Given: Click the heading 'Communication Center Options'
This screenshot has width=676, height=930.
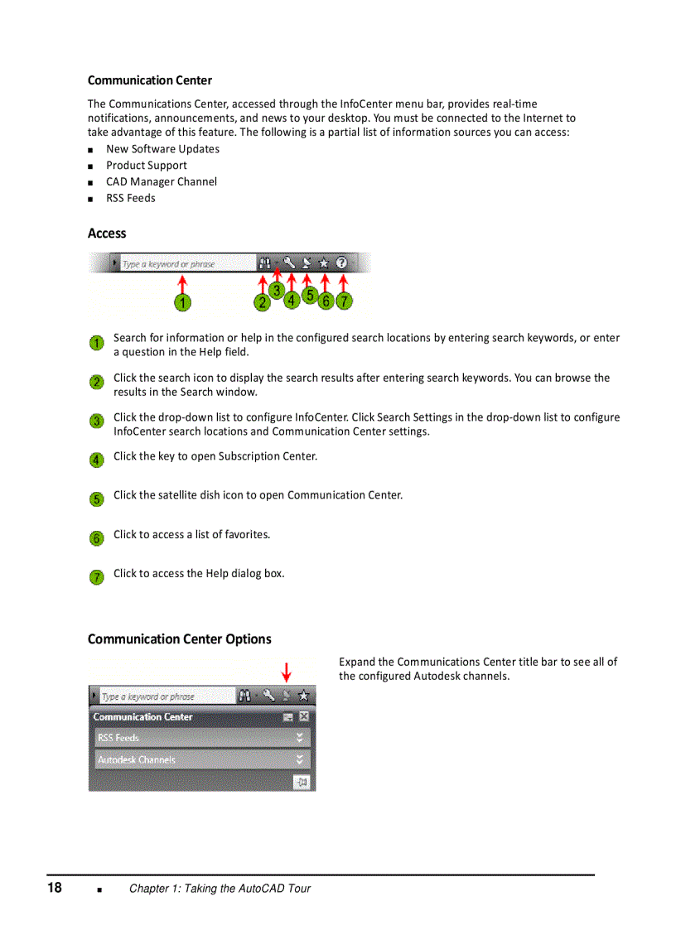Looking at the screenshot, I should (180, 638).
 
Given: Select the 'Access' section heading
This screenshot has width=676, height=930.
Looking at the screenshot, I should (107, 234).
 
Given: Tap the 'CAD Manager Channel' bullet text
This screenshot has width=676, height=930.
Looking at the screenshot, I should (162, 181).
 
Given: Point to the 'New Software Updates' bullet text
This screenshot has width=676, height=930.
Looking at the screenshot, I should (162, 149).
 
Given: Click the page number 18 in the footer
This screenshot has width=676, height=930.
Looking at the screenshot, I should (55, 888).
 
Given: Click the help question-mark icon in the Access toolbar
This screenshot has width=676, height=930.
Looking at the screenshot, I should (341, 263).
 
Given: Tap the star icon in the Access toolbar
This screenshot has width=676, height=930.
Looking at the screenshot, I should (324, 263).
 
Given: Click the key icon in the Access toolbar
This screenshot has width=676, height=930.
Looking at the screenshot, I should (289, 263).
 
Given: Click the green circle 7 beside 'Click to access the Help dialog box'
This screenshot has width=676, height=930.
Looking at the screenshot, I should (97, 577).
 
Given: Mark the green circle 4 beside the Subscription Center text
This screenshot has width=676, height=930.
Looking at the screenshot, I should (97, 460).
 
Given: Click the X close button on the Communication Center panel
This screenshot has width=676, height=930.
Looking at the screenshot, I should (304, 716).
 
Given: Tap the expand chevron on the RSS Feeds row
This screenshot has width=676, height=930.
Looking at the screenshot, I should (300, 737).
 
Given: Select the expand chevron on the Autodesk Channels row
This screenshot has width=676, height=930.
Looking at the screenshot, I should (300, 759).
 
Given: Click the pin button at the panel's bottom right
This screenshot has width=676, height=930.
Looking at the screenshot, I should (302, 781).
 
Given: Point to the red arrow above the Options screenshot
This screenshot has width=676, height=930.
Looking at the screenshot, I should (287, 671).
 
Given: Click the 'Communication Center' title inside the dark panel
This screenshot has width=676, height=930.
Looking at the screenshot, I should (142, 716).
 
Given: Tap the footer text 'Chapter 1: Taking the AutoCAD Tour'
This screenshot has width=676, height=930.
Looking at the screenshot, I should (220, 889).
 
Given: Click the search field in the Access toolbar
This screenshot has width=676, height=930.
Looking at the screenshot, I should (186, 263).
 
